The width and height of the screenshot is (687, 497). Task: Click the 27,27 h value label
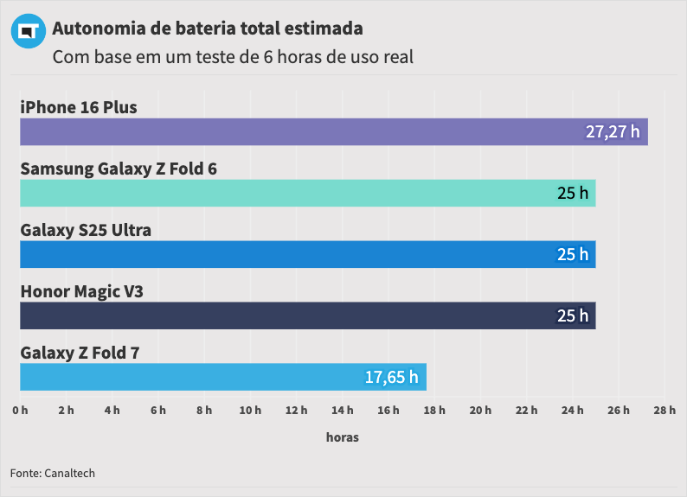tap(613, 132)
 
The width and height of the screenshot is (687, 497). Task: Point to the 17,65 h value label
tap(391, 377)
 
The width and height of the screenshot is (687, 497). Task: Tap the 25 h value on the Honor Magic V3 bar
tap(572, 315)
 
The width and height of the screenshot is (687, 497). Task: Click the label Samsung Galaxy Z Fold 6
tap(119, 169)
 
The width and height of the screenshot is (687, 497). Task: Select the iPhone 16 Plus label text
tap(79, 107)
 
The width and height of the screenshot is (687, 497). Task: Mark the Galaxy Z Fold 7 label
tap(80, 353)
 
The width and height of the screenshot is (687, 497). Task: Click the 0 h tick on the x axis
tap(20, 410)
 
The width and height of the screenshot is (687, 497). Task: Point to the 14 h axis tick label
tap(342, 410)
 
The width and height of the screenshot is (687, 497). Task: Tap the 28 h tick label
tap(665, 410)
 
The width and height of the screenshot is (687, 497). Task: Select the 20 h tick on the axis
tap(480, 410)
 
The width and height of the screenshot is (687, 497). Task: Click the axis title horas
tap(342, 437)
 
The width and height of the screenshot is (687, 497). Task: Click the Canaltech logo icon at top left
tap(27, 31)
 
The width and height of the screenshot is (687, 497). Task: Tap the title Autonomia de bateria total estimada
tap(208, 29)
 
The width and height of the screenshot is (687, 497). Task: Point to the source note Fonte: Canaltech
tap(53, 473)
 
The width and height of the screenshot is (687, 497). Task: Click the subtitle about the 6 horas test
tap(233, 58)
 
